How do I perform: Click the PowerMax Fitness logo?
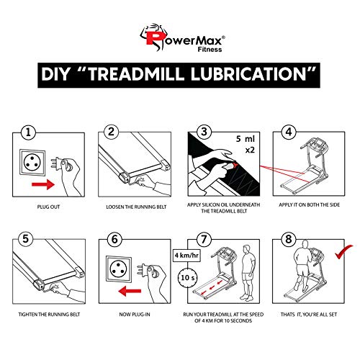pyautogui.click(x=182, y=37)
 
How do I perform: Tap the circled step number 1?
pyautogui.click(x=28, y=132)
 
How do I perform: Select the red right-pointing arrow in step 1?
pyautogui.click(x=43, y=184)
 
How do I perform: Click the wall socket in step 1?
pyautogui.click(x=32, y=162)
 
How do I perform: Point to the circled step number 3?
pyautogui.click(x=204, y=132)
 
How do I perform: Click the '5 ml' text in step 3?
pyautogui.click(x=246, y=139)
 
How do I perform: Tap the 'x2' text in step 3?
pyautogui.click(x=250, y=150)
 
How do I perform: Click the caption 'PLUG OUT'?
pyautogui.click(x=48, y=207)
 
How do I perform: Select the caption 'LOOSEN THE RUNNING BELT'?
pyautogui.click(x=136, y=207)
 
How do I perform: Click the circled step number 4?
pyautogui.click(x=289, y=132)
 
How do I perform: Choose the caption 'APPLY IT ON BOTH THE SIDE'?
pyautogui.click(x=309, y=204)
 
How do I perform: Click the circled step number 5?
pyautogui.click(x=26, y=239)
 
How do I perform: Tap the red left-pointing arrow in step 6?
pyautogui.click(x=130, y=291)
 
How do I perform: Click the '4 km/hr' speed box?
pyautogui.click(x=186, y=255)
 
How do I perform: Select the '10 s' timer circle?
pyautogui.click(x=187, y=278)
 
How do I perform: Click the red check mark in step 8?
pyautogui.click(x=343, y=252)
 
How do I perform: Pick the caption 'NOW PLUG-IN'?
pyautogui.click(x=135, y=314)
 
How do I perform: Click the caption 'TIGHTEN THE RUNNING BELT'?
pyautogui.click(x=49, y=314)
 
